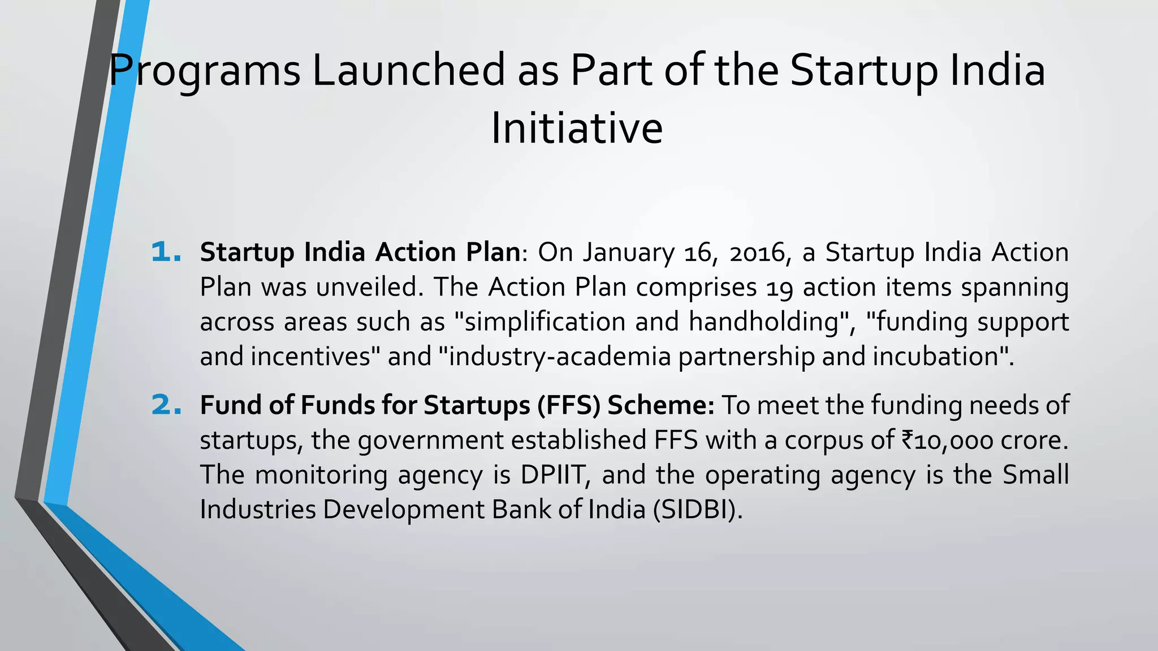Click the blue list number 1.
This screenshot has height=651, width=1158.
[x=166, y=253]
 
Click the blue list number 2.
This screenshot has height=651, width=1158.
[x=166, y=406]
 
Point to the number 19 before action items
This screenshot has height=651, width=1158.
[x=780, y=288]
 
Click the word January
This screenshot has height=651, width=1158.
[x=628, y=253]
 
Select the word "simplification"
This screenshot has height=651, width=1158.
[x=540, y=322]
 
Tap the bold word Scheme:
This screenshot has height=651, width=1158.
[x=661, y=406]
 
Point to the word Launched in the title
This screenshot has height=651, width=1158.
[x=408, y=71]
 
